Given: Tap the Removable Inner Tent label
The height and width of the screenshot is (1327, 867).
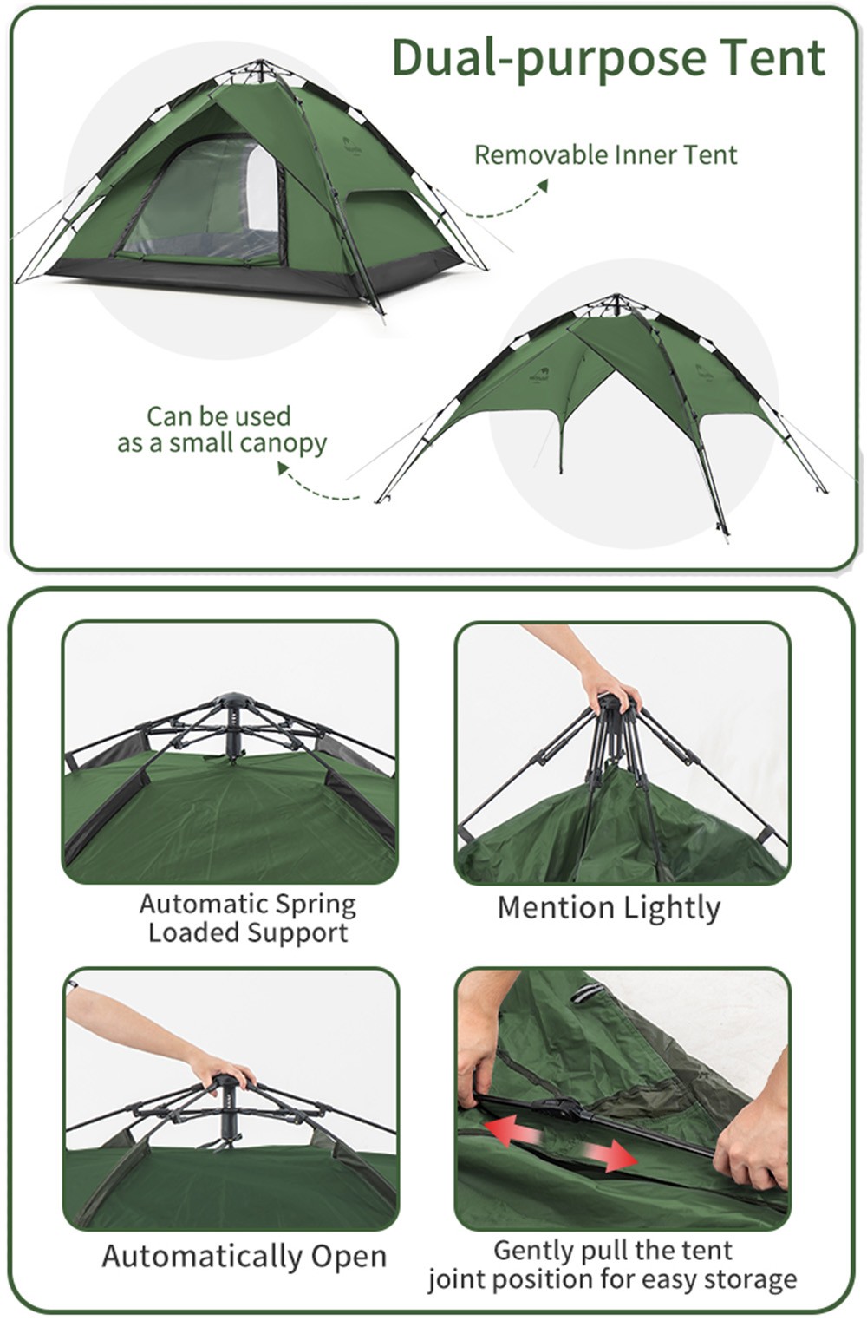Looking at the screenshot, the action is tap(606, 154).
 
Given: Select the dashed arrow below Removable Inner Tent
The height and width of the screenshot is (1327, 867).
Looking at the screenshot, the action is tap(509, 203).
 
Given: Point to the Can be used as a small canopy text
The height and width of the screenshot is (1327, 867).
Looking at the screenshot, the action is tap(221, 430).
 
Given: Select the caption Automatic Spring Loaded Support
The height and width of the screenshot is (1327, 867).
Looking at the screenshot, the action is tap(248, 918).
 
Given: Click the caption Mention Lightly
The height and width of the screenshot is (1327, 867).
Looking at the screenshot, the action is tap(609, 908).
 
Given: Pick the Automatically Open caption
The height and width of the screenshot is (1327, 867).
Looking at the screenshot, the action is tap(244, 1256).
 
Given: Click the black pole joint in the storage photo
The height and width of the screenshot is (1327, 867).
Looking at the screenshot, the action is tap(557, 1108).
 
